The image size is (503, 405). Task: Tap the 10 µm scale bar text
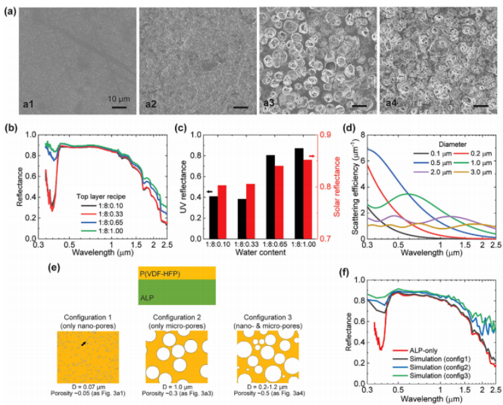[x=119, y=99]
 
